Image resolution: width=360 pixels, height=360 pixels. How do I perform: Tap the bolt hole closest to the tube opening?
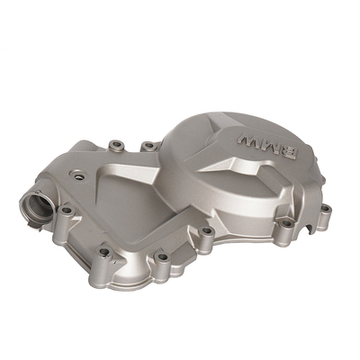(x=67, y=210)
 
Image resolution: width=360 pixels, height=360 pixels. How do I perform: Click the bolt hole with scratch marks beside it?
(x=103, y=251)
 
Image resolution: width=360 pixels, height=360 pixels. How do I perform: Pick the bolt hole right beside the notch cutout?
(x=287, y=223)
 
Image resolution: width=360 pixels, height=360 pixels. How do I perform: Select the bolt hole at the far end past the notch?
(x=325, y=208)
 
